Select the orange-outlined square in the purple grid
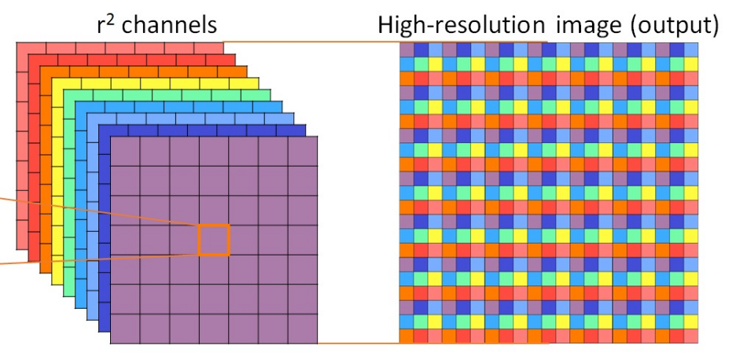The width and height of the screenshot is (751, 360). point(214,240)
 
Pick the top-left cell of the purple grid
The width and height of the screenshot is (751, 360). point(125,151)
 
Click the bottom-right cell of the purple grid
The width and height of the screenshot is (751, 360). point(303,329)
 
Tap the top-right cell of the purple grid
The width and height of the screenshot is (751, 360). point(303,151)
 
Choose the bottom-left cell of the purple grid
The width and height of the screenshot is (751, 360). point(125,329)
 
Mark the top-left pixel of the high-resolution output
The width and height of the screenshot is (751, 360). point(407,50)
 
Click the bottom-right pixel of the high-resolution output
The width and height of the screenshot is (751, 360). point(690,336)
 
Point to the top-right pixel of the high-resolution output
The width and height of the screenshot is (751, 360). point(690,50)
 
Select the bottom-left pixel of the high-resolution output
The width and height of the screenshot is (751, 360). point(407,336)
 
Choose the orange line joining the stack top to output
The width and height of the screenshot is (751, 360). point(315,42)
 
